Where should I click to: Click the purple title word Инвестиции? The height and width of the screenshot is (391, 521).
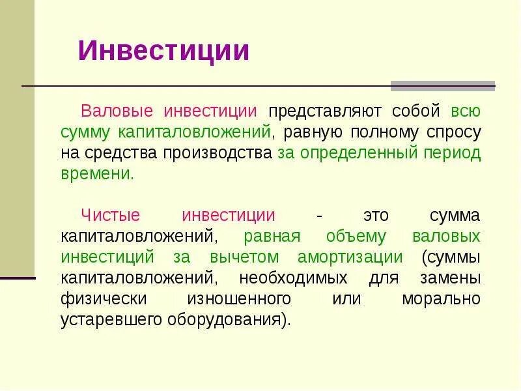click(x=163, y=50)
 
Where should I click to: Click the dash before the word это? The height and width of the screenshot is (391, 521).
click(x=318, y=216)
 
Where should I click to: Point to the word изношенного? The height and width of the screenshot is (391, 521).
click(x=238, y=299)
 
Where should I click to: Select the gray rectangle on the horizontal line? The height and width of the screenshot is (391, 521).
click(x=442, y=85)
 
